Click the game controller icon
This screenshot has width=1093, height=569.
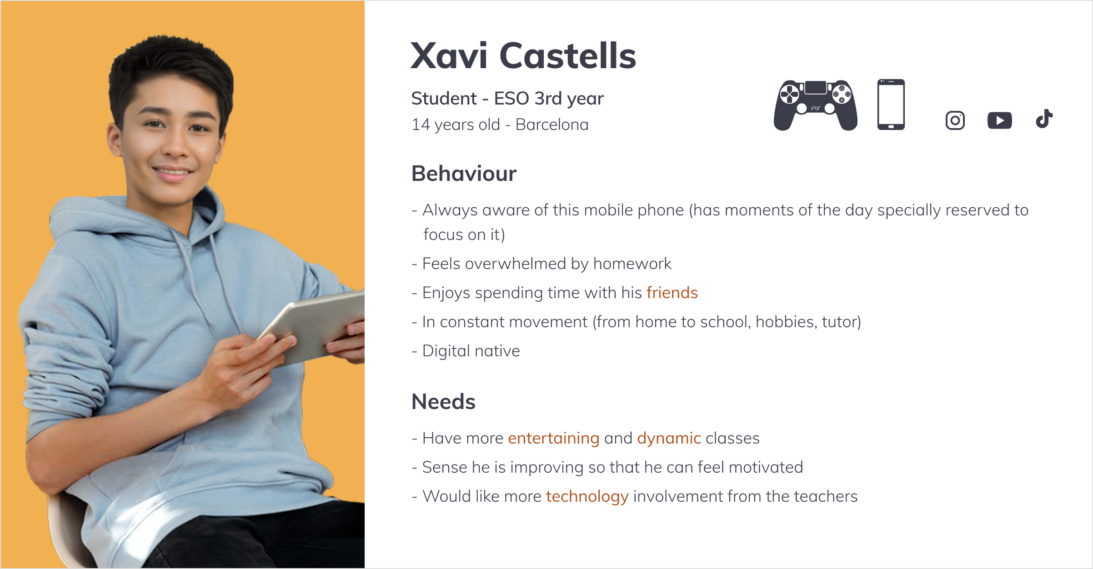pos(816,105)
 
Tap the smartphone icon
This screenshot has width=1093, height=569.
pos(891,105)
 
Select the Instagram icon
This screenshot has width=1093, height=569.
pos(955,120)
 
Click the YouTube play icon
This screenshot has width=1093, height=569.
pos(1000,120)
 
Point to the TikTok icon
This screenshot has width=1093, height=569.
pos(1044,119)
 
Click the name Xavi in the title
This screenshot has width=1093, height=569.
pos(449,56)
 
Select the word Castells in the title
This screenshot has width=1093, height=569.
pos(568,55)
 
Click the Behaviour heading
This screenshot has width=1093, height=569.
pos(464,174)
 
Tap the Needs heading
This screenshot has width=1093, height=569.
pos(443,402)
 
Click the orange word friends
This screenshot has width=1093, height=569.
pos(672,293)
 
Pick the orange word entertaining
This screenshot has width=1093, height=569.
pos(554,438)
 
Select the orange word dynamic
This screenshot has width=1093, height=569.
pos(669,438)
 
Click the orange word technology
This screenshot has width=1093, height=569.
pos(587,496)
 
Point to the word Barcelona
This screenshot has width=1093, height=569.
pos(552,125)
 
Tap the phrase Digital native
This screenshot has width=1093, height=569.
pos(471,351)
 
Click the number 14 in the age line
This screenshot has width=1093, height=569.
pos(421,125)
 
